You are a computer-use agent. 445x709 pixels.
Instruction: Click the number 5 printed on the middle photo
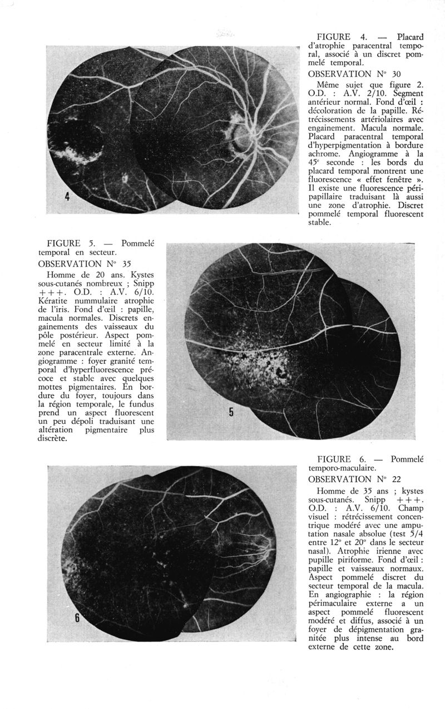click(231, 412)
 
